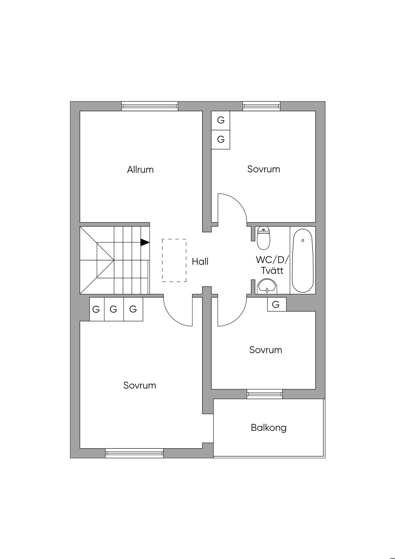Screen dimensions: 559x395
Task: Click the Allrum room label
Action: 140,169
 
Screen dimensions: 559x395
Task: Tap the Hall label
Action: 200,261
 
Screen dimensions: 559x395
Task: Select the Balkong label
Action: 268,428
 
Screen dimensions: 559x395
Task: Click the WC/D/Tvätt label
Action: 272,265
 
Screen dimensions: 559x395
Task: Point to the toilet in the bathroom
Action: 263,238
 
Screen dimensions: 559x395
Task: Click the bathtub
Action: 303,261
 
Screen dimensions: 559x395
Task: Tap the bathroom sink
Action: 267,286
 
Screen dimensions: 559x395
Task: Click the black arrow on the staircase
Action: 145,242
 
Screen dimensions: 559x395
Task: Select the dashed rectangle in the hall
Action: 174,260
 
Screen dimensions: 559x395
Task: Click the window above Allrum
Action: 150,106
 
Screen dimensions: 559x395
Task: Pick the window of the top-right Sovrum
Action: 261,106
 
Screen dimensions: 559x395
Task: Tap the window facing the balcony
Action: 265,394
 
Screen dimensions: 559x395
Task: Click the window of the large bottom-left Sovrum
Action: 134,454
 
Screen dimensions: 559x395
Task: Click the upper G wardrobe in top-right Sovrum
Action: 221,120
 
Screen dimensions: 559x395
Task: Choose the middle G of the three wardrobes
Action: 113,309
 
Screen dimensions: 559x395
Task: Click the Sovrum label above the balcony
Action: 266,350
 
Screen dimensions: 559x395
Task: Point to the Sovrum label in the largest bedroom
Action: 140,385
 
